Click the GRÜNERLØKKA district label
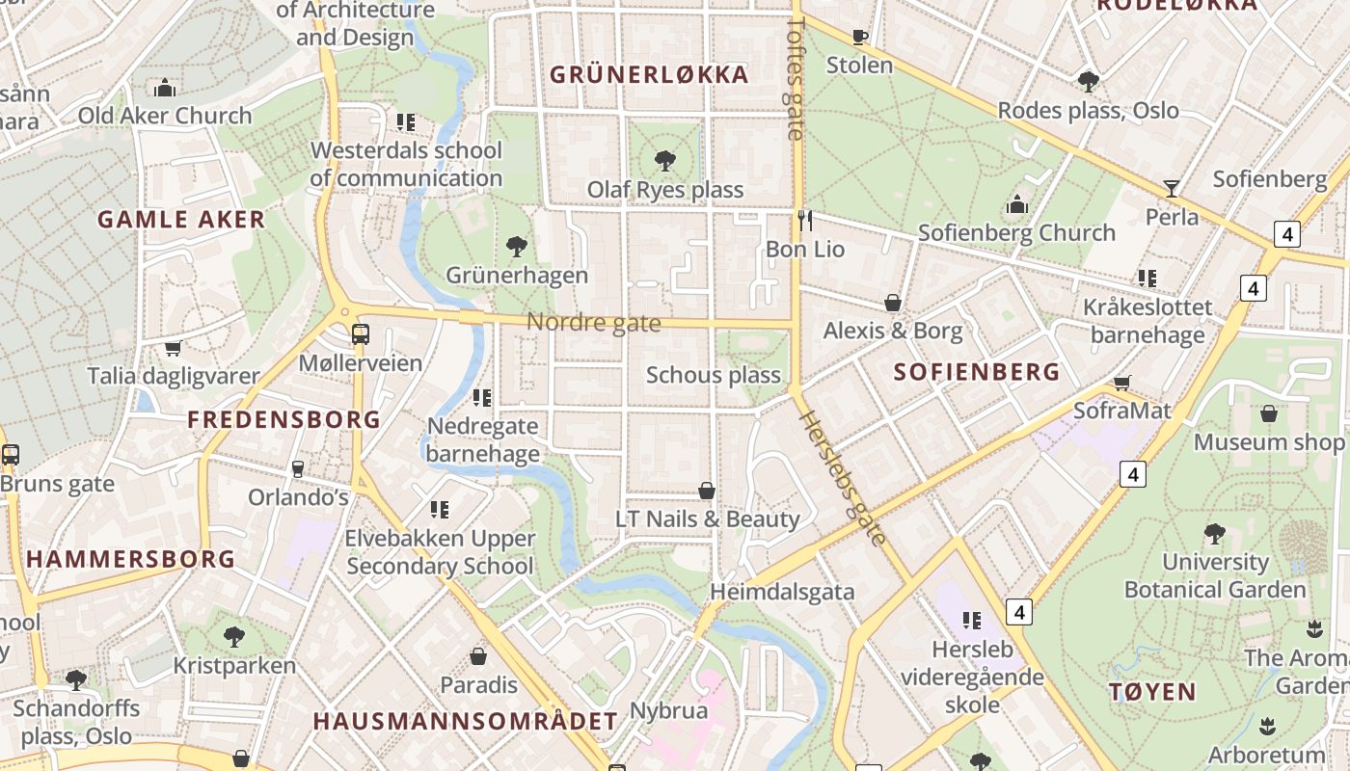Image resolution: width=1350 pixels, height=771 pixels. pyautogui.click(x=649, y=74)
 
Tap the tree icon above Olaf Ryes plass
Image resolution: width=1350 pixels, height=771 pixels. pyautogui.click(x=664, y=160)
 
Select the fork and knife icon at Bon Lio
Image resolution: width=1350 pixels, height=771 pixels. pyautogui.click(x=805, y=221)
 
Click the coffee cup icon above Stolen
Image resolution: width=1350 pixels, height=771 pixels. pyautogui.click(x=859, y=37)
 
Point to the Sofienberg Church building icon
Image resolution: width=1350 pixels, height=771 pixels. pyautogui.click(x=1016, y=204)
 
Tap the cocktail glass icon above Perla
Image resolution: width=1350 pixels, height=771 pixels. pyautogui.click(x=1172, y=188)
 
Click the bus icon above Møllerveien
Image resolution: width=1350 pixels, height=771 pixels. pyautogui.click(x=360, y=334)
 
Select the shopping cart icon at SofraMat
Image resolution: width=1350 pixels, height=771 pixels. pyautogui.click(x=1121, y=383)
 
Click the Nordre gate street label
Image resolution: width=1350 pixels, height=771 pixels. pyautogui.click(x=593, y=323)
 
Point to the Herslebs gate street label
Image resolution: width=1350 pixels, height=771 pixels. pyautogui.click(x=843, y=478)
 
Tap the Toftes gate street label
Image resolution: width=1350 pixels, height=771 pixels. pyautogui.click(x=796, y=77)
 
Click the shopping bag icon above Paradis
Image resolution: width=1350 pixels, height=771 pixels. pyautogui.click(x=478, y=656)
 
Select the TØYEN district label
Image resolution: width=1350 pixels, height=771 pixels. pyautogui.click(x=1152, y=691)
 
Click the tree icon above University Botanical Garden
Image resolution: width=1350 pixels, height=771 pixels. pyautogui.click(x=1214, y=533)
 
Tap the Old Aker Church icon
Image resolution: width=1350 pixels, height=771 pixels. pyautogui.click(x=165, y=88)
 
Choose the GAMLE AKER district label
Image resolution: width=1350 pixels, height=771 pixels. pyautogui.click(x=181, y=219)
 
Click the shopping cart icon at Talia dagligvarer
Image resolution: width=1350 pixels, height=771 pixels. pyautogui.click(x=174, y=348)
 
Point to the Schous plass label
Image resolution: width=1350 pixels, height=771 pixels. pyautogui.click(x=713, y=375)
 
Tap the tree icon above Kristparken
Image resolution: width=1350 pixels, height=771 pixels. pyautogui.click(x=233, y=636)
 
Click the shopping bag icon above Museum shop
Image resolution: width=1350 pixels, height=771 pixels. pyautogui.click(x=1269, y=413)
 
